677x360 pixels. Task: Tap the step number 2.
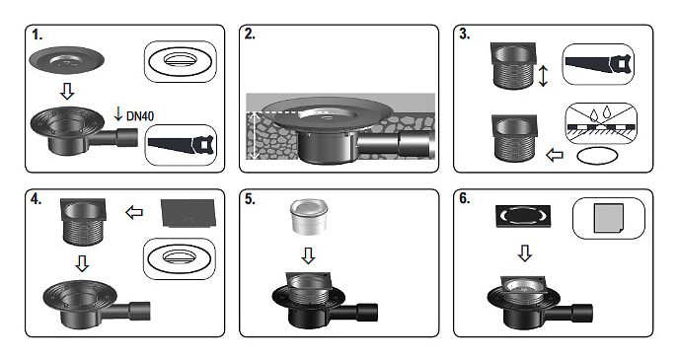coord(250,35)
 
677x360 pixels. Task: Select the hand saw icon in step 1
coord(181,145)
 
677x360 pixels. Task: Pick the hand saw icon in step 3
coord(599,65)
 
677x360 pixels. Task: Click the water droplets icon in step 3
coord(601,113)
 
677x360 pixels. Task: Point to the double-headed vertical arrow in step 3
coord(544,76)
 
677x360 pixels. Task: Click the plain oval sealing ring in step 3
coord(597,156)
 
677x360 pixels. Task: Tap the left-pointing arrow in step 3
coord(555,155)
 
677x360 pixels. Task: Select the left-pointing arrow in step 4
coord(134,212)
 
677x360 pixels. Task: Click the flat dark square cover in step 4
coord(188,213)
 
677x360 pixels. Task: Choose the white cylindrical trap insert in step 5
coord(308,217)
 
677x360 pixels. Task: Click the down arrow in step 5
coord(308,255)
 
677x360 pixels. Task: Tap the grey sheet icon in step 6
coord(608,218)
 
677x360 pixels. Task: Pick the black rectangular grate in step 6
coord(523,216)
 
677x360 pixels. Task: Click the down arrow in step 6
coord(525,252)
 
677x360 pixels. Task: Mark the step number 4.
coord(36,199)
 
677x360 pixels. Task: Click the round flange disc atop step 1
coord(66,60)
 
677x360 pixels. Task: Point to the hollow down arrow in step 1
coord(66,91)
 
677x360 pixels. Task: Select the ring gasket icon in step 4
coord(180,258)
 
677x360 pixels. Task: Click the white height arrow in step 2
coord(255,135)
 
